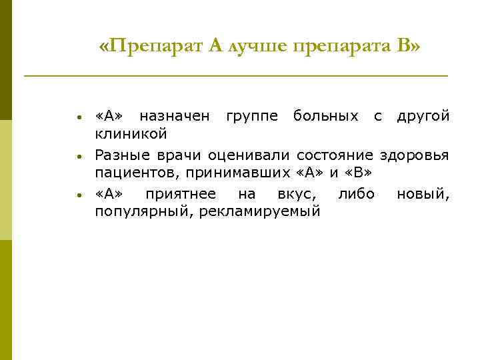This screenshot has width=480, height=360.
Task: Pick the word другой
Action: [423, 117]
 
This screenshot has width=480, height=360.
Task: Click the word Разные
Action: [119, 155]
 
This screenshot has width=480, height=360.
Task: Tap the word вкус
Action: [295, 194]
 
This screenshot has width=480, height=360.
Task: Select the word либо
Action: [356, 194]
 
